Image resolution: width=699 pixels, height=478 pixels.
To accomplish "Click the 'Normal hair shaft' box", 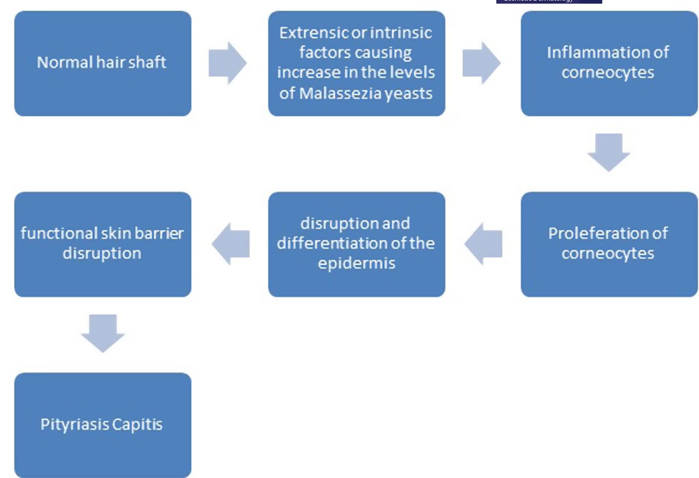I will (103, 63).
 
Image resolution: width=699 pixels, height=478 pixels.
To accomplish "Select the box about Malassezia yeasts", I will (356, 63).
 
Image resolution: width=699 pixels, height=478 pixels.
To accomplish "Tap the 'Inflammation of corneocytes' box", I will (609, 63).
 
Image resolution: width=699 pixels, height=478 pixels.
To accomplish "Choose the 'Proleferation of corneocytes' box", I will (609, 244).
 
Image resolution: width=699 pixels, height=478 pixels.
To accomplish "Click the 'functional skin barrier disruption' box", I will (103, 244).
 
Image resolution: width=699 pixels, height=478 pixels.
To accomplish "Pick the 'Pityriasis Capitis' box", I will (103, 425).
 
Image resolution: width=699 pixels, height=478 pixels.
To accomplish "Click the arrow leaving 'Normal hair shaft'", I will (227, 63).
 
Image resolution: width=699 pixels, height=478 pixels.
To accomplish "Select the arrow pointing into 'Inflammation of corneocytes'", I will (481, 63).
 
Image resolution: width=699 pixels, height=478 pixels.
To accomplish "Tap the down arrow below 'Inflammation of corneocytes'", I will (609, 152).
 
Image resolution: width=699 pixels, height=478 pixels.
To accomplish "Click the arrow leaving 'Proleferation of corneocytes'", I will (483, 244).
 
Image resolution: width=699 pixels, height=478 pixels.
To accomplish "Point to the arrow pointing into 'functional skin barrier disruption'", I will (231, 244).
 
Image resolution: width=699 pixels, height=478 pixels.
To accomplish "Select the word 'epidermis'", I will (357, 263).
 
